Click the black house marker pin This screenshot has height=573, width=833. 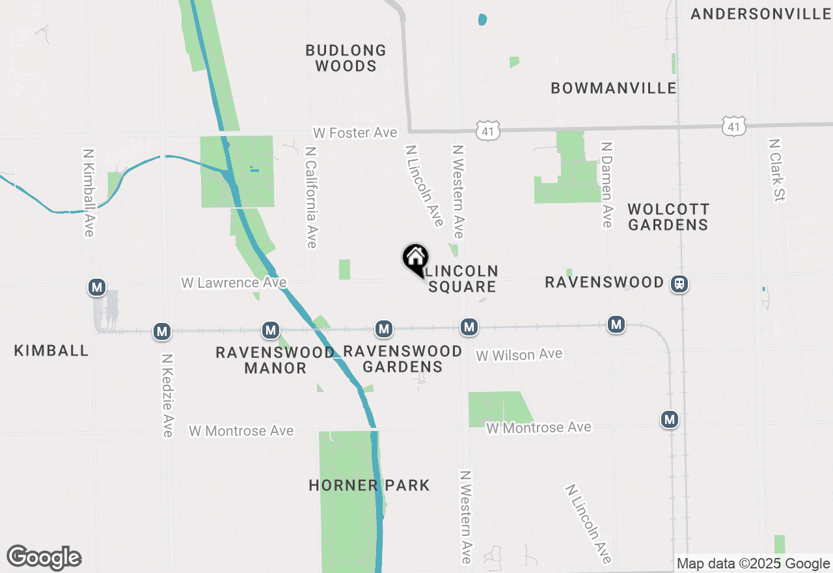click(415, 259)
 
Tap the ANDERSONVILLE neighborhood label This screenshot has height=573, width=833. click(761, 14)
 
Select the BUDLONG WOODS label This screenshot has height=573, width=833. click(346, 58)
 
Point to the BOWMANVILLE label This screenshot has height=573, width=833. click(614, 89)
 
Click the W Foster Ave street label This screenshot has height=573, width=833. click(355, 133)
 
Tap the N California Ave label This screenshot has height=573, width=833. click(311, 197)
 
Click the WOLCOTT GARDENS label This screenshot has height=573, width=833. click(668, 217)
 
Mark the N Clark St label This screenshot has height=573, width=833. click(776, 169)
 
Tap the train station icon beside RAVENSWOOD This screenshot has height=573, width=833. click(679, 284)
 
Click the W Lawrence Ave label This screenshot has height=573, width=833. click(234, 283)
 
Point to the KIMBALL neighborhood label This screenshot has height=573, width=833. click(51, 351)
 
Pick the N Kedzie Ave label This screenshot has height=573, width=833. click(167, 395)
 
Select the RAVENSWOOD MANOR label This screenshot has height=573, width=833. click(275, 360)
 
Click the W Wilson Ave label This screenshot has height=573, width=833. click(519, 355)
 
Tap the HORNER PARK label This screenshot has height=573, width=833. click(369, 486)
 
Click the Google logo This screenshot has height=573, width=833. click(44, 557)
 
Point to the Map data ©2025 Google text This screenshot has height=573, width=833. click(753, 564)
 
